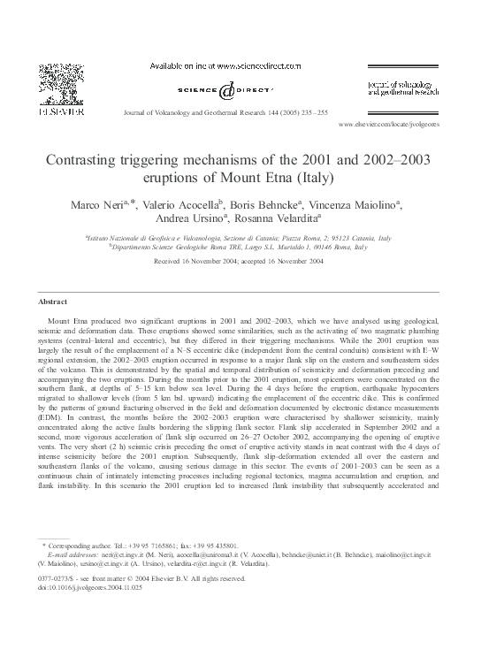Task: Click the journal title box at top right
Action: (401, 86)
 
